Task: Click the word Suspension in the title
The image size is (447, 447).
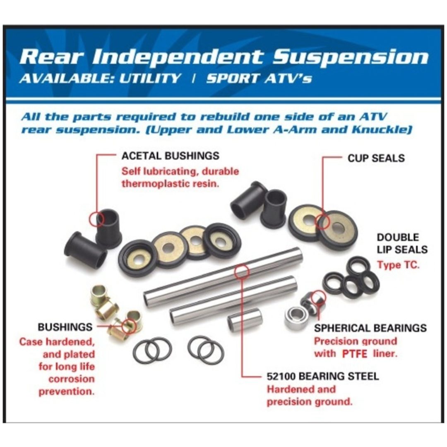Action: pyautogui.click(x=351, y=58)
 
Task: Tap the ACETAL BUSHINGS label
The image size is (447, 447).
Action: pyautogui.click(x=171, y=156)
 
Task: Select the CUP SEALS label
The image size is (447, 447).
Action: pyautogui.click(x=376, y=158)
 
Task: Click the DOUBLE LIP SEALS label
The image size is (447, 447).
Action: pyautogui.click(x=402, y=243)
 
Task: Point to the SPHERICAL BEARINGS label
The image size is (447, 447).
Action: pyautogui.click(x=370, y=328)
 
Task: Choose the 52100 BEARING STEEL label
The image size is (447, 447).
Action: pyautogui.click(x=323, y=376)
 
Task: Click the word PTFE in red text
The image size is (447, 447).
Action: pyautogui.click(x=355, y=354)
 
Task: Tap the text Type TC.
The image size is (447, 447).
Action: pyautogui.click(x=398, y=265)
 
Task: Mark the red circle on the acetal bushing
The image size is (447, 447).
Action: pyautogui.click(x=98, y=219)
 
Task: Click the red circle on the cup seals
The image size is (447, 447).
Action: pyautogui.click(x=322, y=221)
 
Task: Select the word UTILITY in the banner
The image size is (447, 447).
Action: pyautogui.click(x=150, y=78)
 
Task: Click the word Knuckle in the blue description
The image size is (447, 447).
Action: pyautogui.click(x=382, y=130)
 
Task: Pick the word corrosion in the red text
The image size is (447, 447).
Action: pyautogui.click(x=71, y=379)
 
